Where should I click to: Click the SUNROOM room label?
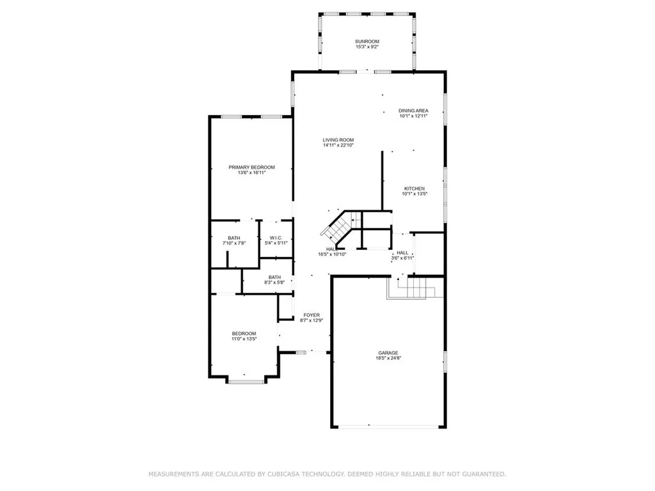click(x=367, y=42)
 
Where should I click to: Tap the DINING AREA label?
click(x=413, y=111)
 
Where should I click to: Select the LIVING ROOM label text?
click(x=338, y=140)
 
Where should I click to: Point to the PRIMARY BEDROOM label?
click(x=251, y=167)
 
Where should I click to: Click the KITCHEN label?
click(x=414, y=189)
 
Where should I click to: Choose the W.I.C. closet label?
click(x=276, y=238)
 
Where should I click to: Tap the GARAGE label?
click(x=388, y=353)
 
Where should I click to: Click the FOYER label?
click(x=312, y=315)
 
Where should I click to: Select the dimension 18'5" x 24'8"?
click(x=388, y=358)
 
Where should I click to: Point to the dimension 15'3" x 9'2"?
click(x=367, y=47)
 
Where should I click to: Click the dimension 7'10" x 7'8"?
click(x=234, y=243)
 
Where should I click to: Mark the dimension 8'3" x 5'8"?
click(x=274, y=283)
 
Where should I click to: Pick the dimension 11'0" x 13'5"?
click(x=244, y=339)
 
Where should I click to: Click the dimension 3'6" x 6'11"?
click(x=402, y=258)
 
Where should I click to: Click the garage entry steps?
click(x=415, y=287)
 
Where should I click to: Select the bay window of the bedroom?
click(x=246, y=381)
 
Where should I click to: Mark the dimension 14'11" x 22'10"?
click(x=338, y=145)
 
